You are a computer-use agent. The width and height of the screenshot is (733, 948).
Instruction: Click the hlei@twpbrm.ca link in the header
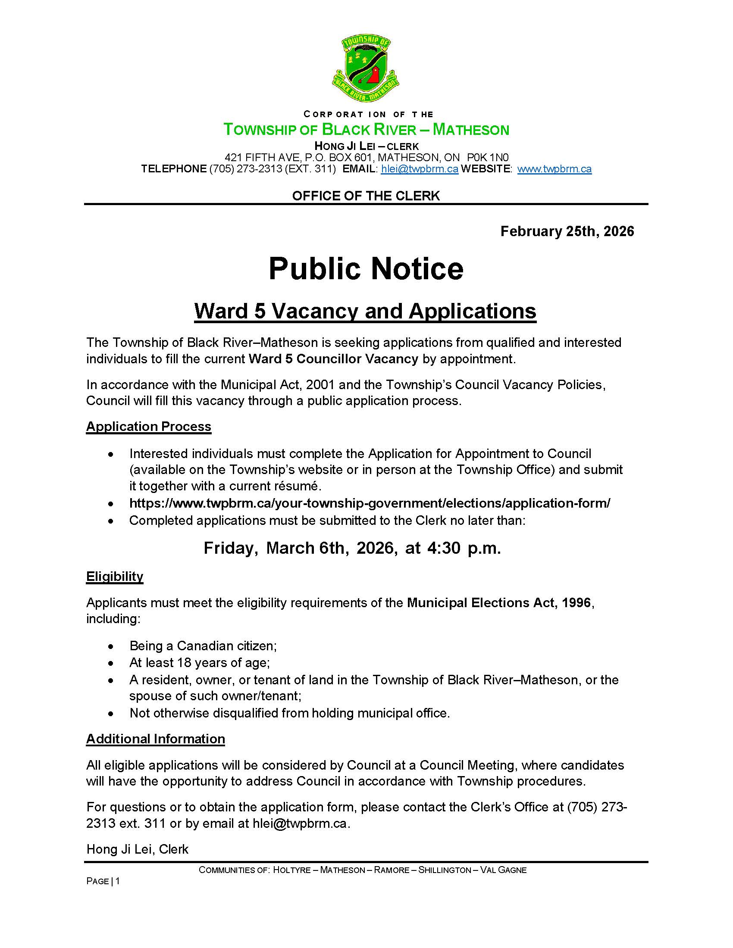pos(420,169)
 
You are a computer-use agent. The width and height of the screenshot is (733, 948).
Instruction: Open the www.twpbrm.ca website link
pos(554,169)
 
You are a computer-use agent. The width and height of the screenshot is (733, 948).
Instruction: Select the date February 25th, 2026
pos(567,231)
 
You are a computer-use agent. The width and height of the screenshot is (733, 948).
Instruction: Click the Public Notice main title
pos(366,269)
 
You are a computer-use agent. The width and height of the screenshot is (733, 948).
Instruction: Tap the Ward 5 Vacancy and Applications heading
pos(365,311)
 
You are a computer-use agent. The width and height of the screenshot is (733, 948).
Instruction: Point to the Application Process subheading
pos(148,426)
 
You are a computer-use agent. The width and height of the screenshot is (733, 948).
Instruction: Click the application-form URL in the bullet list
pos(370,503)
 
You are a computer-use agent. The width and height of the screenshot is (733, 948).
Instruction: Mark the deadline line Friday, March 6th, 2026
pos(352,548)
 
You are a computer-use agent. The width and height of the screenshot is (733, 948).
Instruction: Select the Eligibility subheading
pos(115,576)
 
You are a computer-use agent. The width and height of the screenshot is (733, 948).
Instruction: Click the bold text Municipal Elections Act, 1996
pos(499,602)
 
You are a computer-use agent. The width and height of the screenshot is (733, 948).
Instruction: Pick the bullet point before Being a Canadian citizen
pos(112,646)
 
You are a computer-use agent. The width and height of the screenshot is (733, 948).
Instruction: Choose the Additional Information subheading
pos(156,739)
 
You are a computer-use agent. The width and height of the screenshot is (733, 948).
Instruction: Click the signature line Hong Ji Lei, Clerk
pos(137,849)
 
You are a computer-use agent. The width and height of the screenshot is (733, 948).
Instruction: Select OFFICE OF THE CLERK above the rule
pos(366,196)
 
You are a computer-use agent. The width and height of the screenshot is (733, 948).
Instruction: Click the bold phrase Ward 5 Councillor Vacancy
pos(333,359)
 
